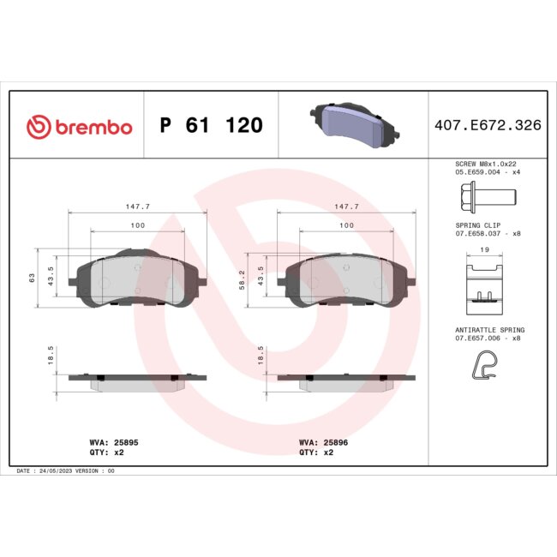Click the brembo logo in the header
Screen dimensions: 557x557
point(80,127)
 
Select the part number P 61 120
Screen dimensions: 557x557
point(211,126)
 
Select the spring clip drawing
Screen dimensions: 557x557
point(485,282)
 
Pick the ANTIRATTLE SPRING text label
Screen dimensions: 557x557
point(488,330)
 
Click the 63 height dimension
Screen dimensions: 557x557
point(32,277)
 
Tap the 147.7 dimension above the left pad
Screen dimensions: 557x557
point(137,207)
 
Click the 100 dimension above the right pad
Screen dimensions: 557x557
point(345,225)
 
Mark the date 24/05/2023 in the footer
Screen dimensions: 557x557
point(56,471)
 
